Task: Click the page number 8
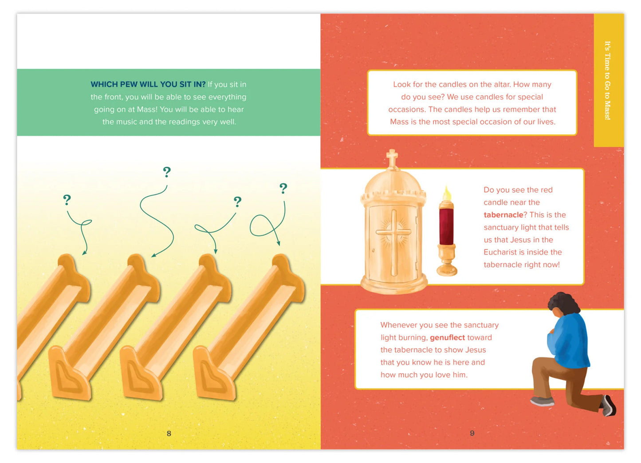click(x=169, y=433)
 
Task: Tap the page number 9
click(x=472, y=433)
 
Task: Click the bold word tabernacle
click(x=503, y=215)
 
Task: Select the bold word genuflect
click(x=447, y=337)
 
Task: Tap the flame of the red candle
click(x=447, y=193)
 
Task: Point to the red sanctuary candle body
click(x=446, y=226)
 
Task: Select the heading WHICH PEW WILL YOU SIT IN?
click(x=148, y=84)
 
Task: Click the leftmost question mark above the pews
click(x=67, y=200)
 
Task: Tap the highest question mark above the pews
click(x=167, y=172)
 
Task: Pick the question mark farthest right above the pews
click(x=283, y=188)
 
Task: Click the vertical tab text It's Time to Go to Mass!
click(x=608, y=80)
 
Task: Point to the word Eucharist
click(x=498, y=252)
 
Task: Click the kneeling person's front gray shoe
click(x=542, y=401)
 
